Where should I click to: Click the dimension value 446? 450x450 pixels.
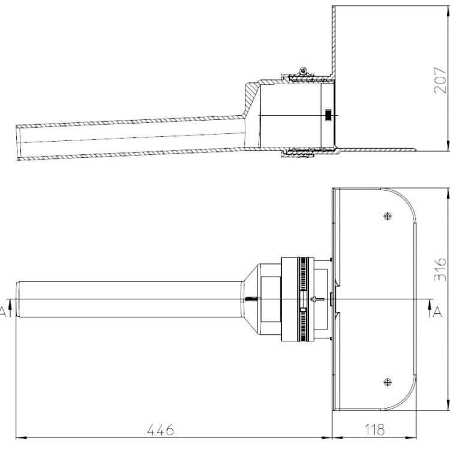click(160, 430)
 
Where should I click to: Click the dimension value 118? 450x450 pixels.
click(374, 430)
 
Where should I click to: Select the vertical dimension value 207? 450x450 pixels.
click(440, 80)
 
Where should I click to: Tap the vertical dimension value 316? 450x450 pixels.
click(440, 270)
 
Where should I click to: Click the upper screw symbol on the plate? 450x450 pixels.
click(388, 216)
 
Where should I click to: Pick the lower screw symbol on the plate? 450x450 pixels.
click(388, 382)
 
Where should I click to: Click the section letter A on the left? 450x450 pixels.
click(2, 312)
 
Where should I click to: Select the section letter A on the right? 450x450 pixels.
click(437, 311)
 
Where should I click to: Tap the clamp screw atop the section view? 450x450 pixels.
click(303, 70)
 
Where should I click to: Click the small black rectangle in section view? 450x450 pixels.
click(328, 115)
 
